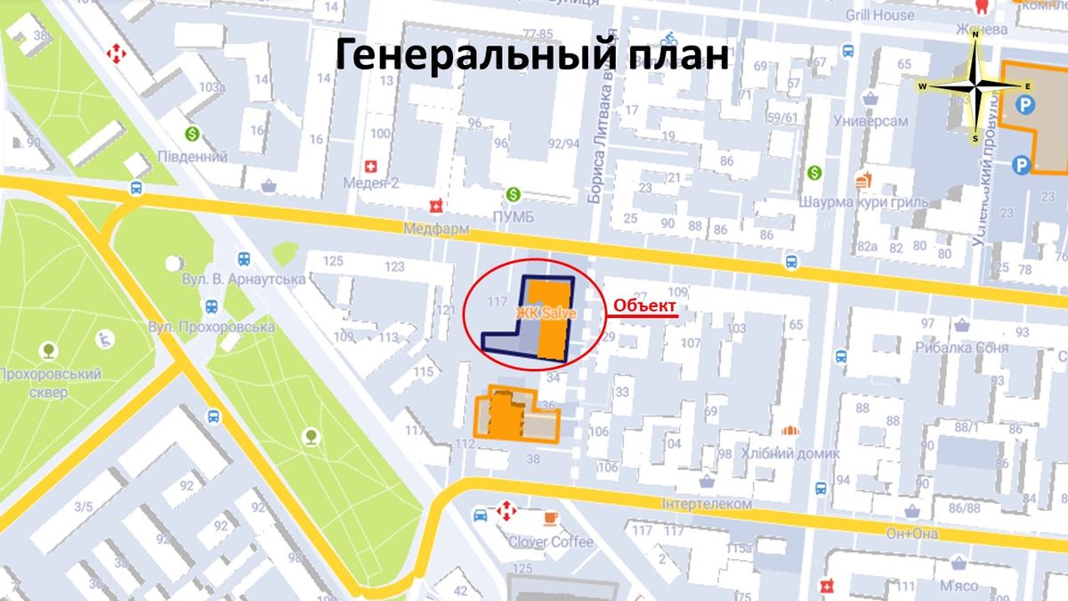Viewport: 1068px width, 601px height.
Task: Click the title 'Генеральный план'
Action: (x=532, y=54)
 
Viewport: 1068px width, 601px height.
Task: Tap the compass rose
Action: (x=976, y=85)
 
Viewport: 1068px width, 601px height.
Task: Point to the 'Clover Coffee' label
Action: (x=550, y=541)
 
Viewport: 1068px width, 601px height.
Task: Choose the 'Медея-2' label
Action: (x=372, y=183)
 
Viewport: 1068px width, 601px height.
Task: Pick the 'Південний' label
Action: (x=190, y=157)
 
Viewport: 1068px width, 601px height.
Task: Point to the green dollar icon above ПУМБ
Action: (x=513, y=193)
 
